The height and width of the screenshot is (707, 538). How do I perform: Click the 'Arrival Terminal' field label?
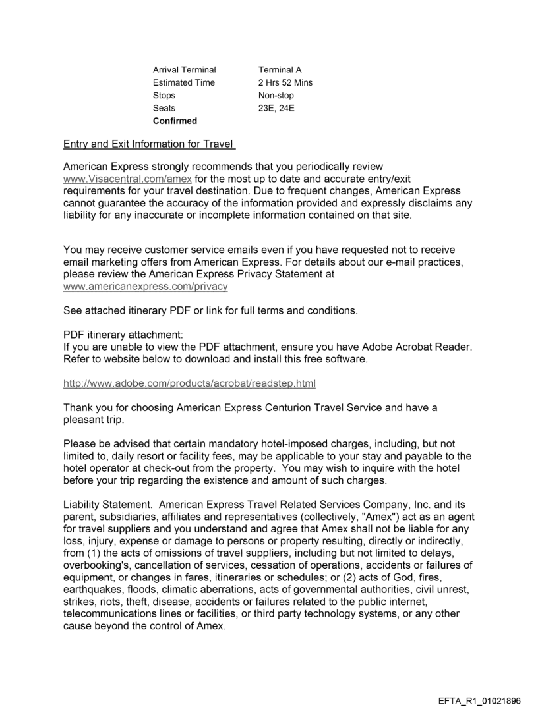(x=184, y=70)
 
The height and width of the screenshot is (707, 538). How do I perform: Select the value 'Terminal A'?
(x=280, y=70)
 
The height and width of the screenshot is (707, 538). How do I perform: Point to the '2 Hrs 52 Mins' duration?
(x=285, y=83)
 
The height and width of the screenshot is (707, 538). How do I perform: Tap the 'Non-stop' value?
(x=276, y=96)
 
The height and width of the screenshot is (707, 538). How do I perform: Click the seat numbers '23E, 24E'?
(x=276, y=108)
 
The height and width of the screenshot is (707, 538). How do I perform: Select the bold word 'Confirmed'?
(x=175, y=121)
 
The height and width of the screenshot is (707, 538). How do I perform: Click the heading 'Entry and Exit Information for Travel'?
(x=149, y=144)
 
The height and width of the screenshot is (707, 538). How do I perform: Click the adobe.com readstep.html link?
(x=189, y=383)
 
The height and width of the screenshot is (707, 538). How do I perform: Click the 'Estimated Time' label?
(x=183, y=83)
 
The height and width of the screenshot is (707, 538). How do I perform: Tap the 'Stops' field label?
(x=164, y=96)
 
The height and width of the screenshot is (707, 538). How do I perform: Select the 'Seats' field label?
(x=164, y=108)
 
